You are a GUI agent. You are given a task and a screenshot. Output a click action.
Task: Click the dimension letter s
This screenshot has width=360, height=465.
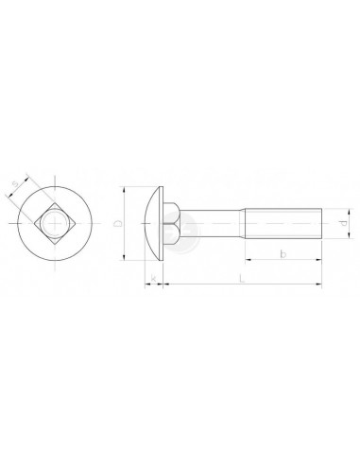click(x=16, y=184)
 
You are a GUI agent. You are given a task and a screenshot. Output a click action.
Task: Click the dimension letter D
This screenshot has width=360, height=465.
click(x=118, y=223)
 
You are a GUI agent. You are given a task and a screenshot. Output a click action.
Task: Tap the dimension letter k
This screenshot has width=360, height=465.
click(x=153, y=279)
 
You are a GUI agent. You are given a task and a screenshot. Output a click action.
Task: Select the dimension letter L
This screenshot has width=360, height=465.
click(x=242, y=279)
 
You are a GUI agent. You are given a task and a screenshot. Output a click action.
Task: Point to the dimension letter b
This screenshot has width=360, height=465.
click(x=283, y=254)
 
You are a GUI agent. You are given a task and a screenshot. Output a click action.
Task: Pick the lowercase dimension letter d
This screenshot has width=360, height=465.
click(x=344, y=223)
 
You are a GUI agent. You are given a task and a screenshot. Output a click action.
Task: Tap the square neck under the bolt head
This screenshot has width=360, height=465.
click(x=172, y=223)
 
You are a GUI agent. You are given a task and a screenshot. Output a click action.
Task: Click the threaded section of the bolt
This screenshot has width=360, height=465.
click(x=283, y=223)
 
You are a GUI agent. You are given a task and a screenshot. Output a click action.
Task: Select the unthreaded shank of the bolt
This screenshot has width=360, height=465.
click(x=211, y=223)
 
